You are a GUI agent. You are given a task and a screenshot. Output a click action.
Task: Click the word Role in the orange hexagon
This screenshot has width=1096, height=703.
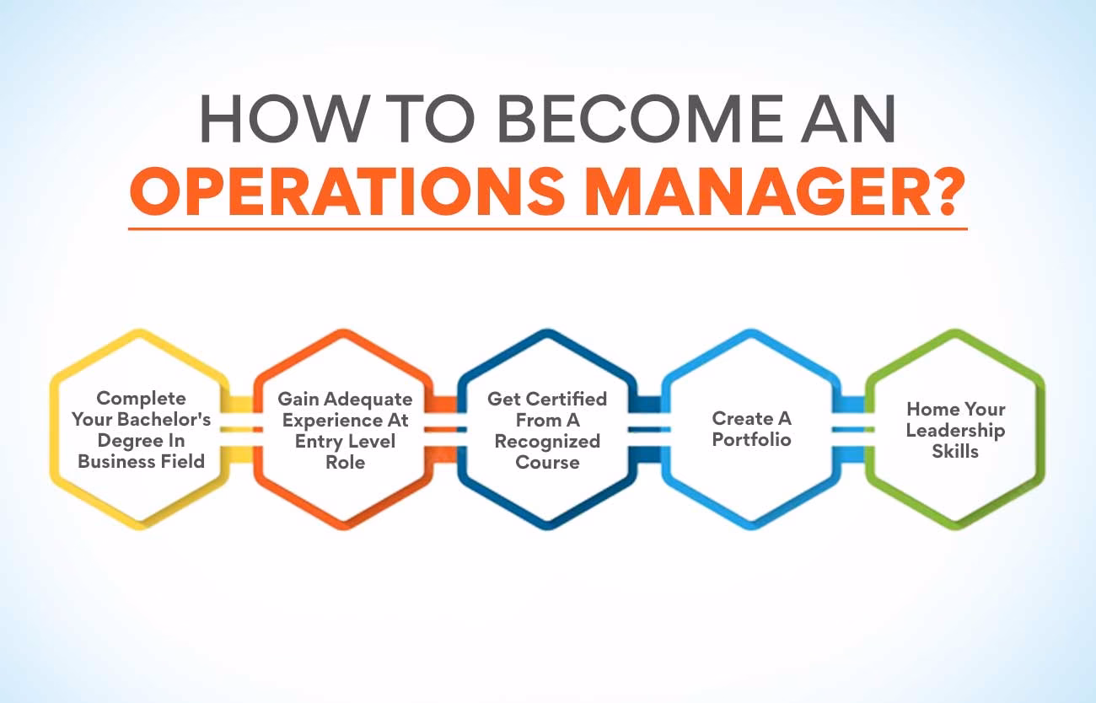(x=345, y=462)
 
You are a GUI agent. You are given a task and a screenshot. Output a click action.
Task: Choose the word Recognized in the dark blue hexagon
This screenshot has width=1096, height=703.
(x=547, y=441)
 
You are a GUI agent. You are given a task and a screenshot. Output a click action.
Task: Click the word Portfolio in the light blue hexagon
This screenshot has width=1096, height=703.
(x=752, y=439)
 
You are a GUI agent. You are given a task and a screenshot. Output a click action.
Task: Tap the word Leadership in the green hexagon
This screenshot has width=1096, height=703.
(x=956, y=431)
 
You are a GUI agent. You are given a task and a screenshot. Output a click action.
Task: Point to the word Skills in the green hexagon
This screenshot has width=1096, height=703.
(x=955, y=452)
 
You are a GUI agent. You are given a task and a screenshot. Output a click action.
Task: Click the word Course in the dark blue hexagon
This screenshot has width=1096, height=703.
(x=547, y=462)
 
